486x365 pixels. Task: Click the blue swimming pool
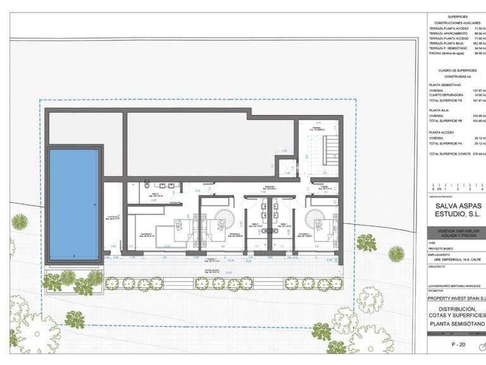75,204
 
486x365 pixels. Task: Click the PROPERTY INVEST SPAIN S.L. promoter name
456,298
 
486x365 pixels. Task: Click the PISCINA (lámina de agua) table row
451,54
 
